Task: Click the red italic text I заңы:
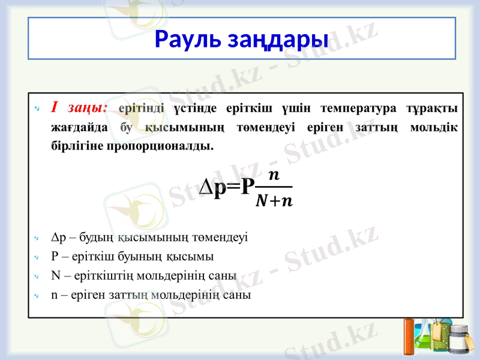tap(80, 108)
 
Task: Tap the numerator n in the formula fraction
tap(273, 175)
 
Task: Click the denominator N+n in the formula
tap(274, 200)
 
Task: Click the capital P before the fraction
tap(247, 187)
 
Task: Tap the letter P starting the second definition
tap(55, 257)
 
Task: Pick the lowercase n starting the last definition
tap(55, 295)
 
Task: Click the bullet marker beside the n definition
tap(37, 295)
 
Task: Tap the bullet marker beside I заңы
tap(37, 109)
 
